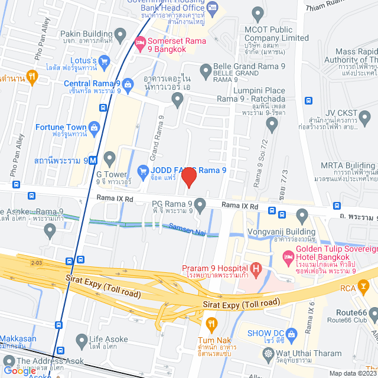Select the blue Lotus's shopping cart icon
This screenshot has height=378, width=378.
[104, 60]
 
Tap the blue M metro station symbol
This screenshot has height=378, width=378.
[94, 159]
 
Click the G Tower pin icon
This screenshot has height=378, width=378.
[109, 158]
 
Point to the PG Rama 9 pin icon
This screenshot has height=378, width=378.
[200, 206]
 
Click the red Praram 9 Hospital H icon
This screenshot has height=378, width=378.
[256, 270]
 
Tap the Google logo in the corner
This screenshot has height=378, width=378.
[19, 370]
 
